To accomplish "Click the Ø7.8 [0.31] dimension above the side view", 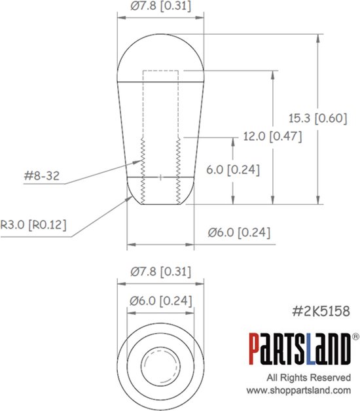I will (x=159, y=8).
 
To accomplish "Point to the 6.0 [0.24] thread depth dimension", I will (x=232, y=170).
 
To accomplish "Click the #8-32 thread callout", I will (x=41, y=175).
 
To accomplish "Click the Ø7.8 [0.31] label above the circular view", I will (x=159, y=271).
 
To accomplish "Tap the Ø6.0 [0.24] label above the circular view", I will (x=159, y=301).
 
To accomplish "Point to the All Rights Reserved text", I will (x=308, y=378).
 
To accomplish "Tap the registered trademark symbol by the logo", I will (x=355, y=336).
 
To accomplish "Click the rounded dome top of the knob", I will (x=160, y=56).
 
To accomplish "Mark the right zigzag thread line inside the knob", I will (x=177, y=170).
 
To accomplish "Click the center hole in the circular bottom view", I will (x=160, y=362).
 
